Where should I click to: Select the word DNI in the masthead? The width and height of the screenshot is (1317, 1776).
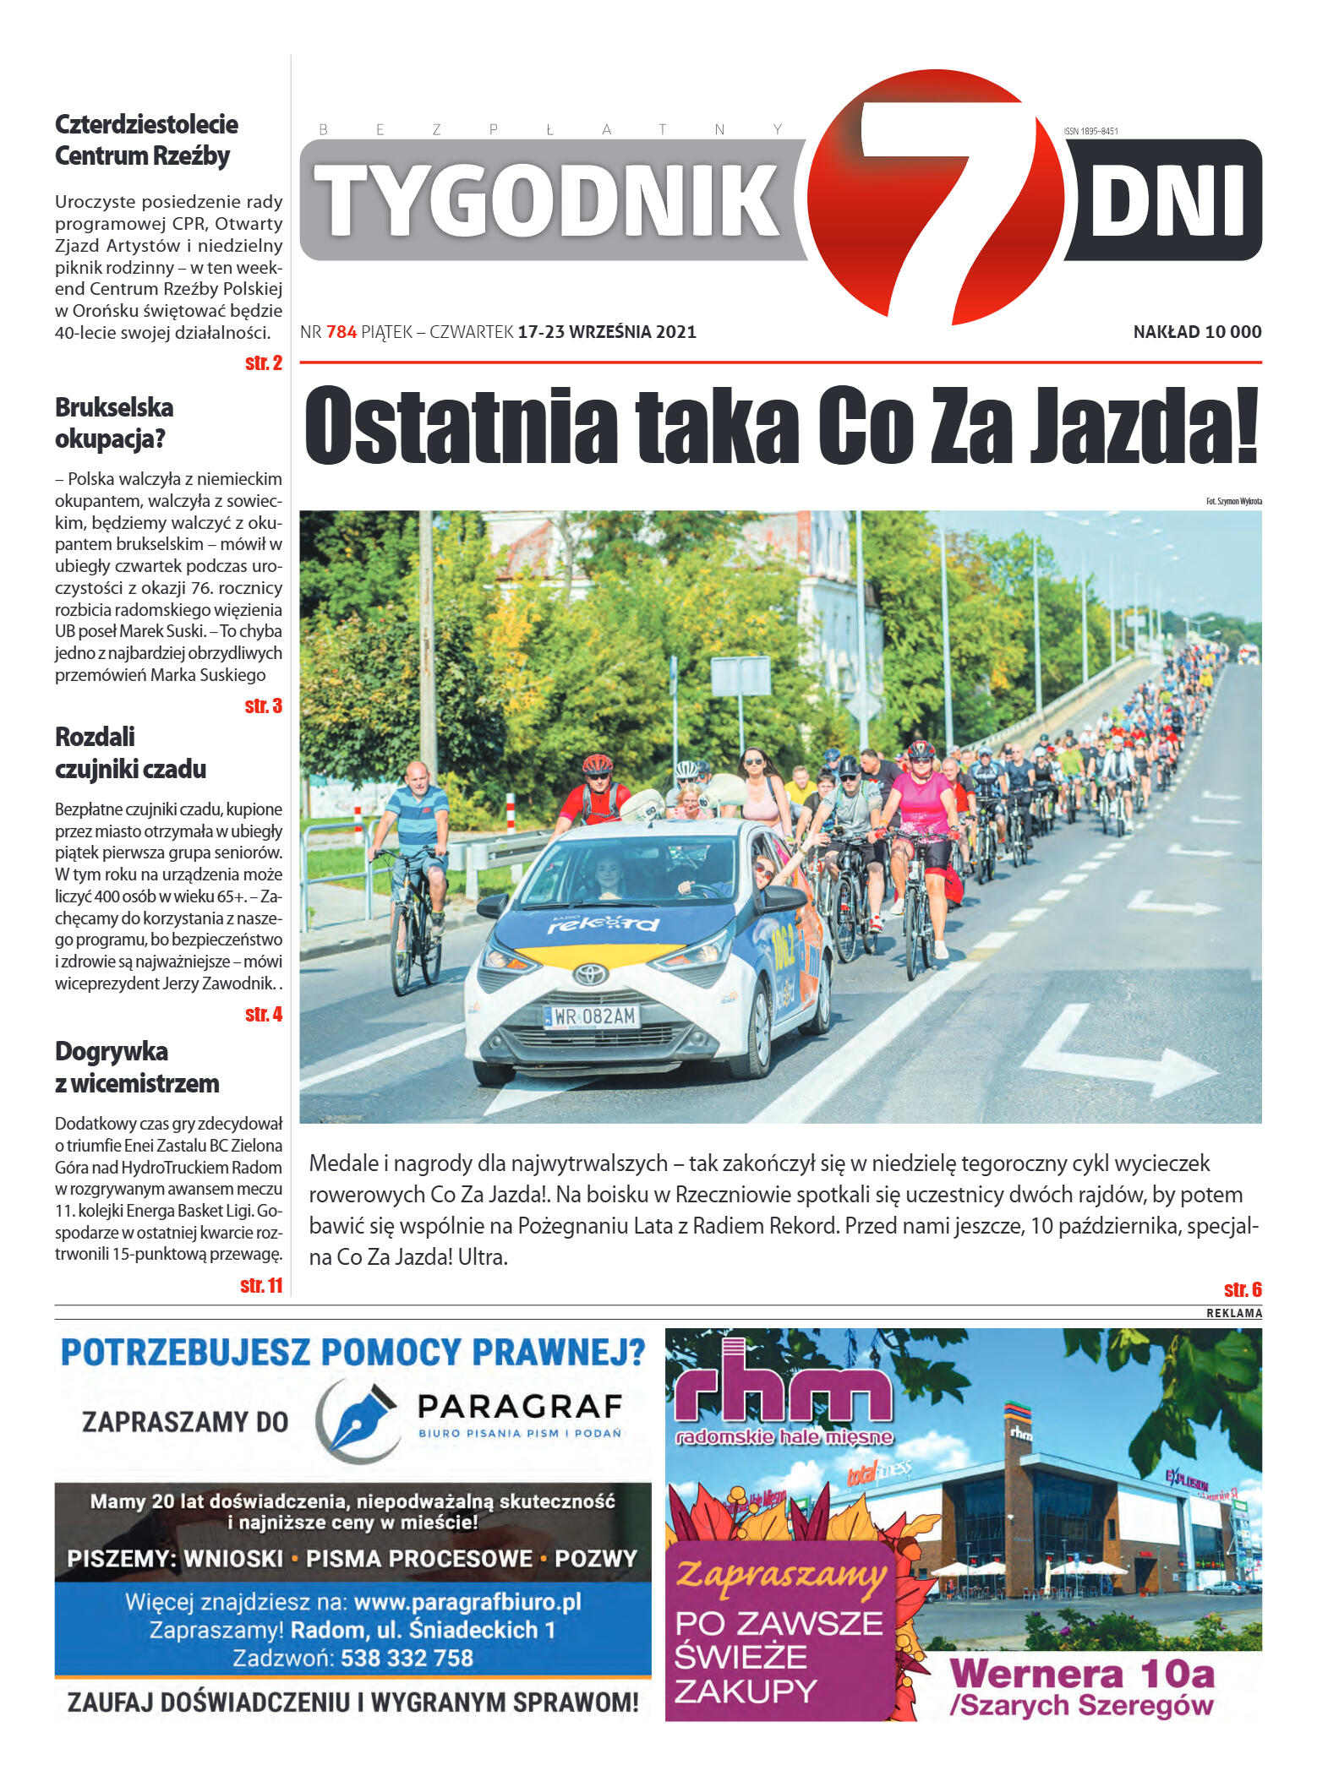tap(1166, 201)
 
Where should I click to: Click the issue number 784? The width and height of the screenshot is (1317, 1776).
tap(342, 332)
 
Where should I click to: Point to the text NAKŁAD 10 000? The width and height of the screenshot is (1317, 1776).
tap(1196, 332)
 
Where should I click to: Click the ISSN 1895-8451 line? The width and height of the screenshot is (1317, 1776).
tap(1090, 131)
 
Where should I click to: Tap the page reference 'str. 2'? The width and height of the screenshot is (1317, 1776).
tap(263, 363)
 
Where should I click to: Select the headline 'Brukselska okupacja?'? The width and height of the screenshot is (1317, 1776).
tap(114, 422)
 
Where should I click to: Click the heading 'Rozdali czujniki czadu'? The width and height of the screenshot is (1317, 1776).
tap(130, 752)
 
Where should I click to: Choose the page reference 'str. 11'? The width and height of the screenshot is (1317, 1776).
tap(260, 1285)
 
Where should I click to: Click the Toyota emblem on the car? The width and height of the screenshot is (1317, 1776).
tap(591, 974)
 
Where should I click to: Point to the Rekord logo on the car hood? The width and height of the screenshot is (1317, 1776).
tap(603, 923)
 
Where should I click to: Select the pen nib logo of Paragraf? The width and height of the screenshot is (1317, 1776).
tap(358, 1422)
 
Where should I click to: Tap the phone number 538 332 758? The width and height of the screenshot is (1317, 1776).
tap(407, 1659)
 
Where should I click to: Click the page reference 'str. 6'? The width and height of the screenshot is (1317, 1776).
tap(1242, 1289)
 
